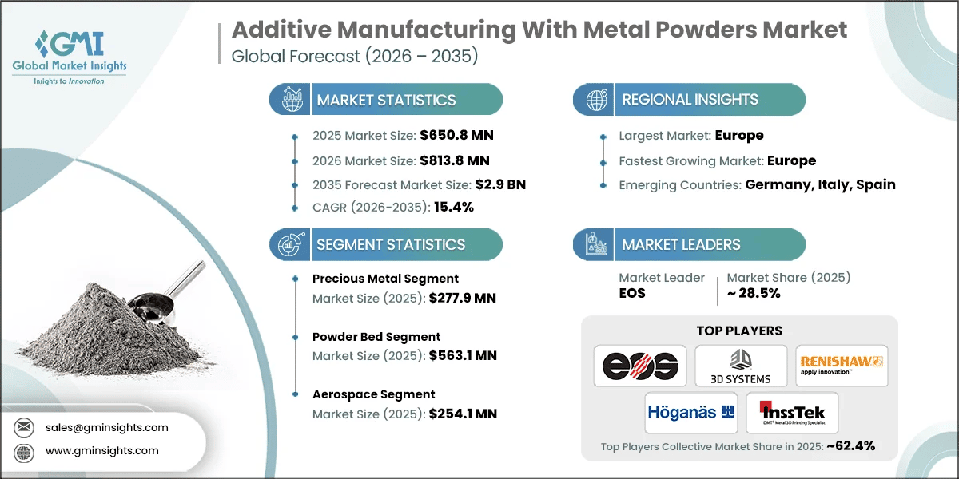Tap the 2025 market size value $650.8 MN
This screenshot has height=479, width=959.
pos(451,136)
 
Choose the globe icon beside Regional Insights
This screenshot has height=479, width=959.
pos(595,100)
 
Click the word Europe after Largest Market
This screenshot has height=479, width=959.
pos(739,136)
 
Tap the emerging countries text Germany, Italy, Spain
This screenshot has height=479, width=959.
pos(820,184)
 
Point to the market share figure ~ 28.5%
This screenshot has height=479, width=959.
pos(753,293)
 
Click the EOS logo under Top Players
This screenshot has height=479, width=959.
pos(640,366)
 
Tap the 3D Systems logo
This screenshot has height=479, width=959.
pos(740,366)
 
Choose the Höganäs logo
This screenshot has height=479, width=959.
pos(690,412)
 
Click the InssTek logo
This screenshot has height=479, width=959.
pos(791,413)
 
